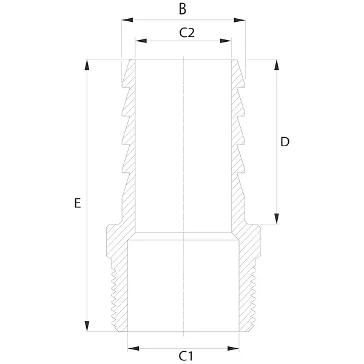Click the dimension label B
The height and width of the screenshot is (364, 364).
coord(183,9)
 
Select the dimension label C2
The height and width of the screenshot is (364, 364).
coord(187,33)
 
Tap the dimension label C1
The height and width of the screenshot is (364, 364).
coord(186,356)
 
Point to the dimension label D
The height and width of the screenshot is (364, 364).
coord(285,142)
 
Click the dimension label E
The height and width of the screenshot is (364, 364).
coord(78,203)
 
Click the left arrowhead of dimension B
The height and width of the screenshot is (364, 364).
coord(127,20)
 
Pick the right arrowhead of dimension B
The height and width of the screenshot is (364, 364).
coord(240,20)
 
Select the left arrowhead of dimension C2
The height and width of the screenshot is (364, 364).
coord(141,41)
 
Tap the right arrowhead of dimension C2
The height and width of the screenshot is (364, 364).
coord(226,41)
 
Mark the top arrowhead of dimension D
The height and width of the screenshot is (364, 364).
coord(277,65)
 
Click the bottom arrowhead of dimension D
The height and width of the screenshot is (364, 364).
coord(277,219)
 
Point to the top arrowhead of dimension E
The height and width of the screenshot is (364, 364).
coord(87,65)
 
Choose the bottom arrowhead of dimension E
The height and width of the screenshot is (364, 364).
coord(87,326)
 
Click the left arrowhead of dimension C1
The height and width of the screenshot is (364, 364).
coord(133,348)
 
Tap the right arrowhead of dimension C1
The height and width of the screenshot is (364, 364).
coord(234,348)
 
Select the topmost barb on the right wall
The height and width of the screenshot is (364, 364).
coord(238,73)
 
